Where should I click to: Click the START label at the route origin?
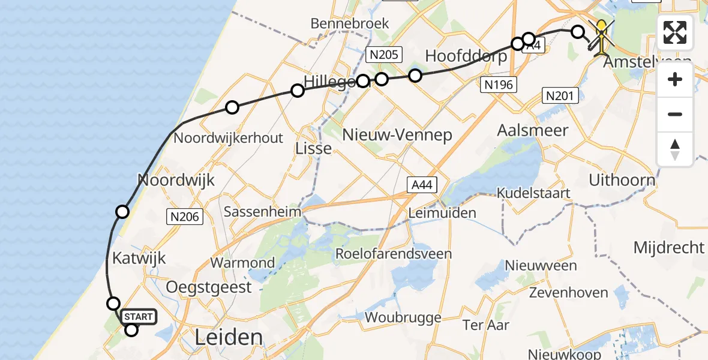pyautogui.click(x=139, y=316)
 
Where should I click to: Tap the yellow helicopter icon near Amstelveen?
pyautogui.click(x=601, y=35)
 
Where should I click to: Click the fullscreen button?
pyautogui.click(x=675, y=32)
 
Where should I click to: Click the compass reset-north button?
pyautogui.click(x=675, y=149)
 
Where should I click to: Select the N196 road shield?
pyautogui.click(x=498, y=85)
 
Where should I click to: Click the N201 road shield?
pyautogui.click(x=560, y=95)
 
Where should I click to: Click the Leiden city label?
pyautogui.click(x=229, y=337)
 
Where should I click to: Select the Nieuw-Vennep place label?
pyautogui.click(x=397, y=134)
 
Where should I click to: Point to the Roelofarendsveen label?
pyautogui.click(x=393, y=254)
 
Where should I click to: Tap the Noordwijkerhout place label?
pyautogui.click(x=228, y=137)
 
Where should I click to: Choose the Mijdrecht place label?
pyautogui.click(x=669, y=247)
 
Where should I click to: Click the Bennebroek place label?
pyautogui.click(x=350, y=24)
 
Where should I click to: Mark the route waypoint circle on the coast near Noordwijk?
pyautogui.click(x=122, y=211)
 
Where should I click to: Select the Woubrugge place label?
pyautogui.click(x=395, y=317)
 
